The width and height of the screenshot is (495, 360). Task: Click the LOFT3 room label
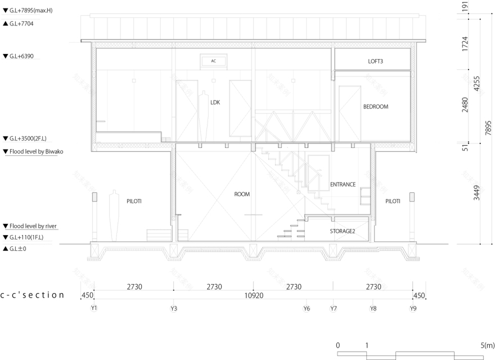point(372,61)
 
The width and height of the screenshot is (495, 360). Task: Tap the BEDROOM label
point(375,106)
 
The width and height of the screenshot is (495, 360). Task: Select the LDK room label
point(215,102)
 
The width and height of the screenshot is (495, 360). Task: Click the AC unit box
point(214,61)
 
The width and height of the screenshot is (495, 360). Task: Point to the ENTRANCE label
point(343,184)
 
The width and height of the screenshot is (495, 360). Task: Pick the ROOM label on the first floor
point(242,194)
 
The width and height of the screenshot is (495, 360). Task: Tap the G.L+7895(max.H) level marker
point(28,11)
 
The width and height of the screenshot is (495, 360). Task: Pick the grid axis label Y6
point(307,308)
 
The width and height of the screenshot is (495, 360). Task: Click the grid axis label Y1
point(94,308)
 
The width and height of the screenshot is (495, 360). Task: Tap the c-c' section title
point(32,294)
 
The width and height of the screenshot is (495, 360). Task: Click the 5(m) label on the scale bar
point(487,345)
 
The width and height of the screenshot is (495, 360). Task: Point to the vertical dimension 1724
point(465,44)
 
